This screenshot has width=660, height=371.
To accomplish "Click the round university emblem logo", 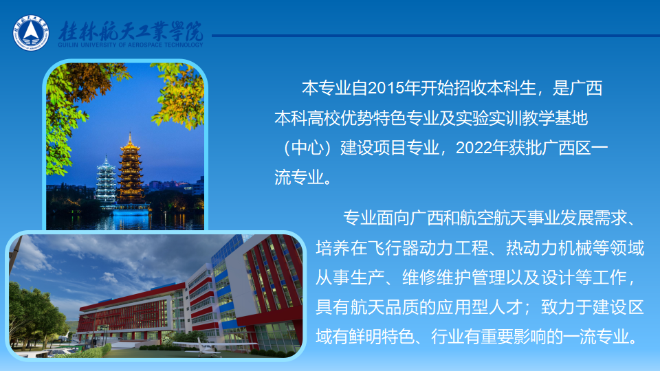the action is coord(31,33).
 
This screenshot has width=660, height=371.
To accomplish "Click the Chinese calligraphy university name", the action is coord(131,31).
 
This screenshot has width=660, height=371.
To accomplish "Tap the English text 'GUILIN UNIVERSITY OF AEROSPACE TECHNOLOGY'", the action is coord(131,45).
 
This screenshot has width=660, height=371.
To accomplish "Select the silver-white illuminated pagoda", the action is coord(106,181).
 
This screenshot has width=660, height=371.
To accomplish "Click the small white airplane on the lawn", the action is coord(206,346).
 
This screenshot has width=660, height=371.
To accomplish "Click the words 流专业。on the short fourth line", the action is coord(303,177).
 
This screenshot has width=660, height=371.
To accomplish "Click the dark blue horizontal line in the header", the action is coord(436,36).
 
